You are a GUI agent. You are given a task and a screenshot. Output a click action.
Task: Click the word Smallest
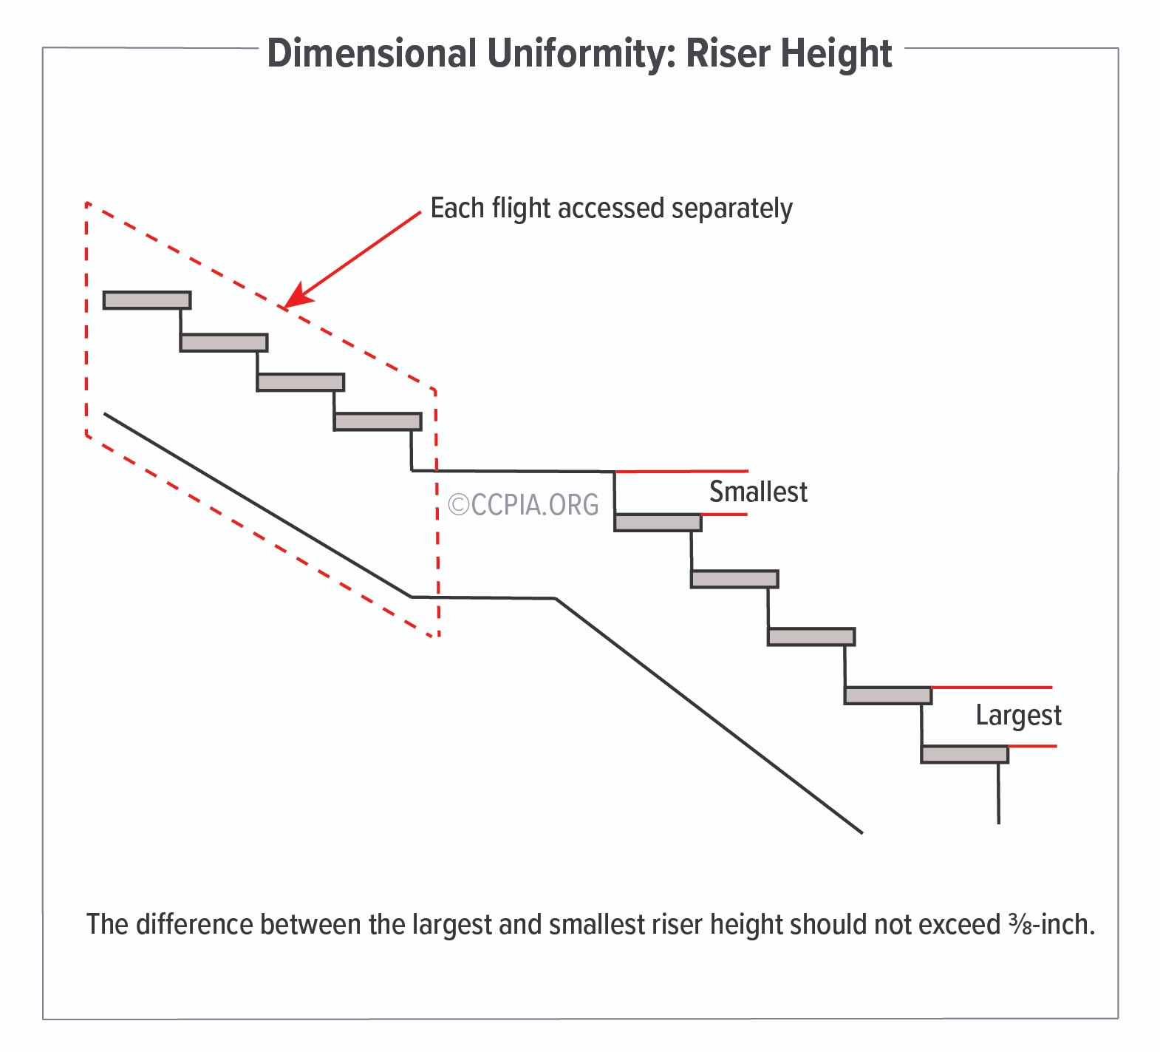[x=758, y=492]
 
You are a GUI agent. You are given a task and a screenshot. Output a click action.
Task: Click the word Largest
[x=1018, y=716]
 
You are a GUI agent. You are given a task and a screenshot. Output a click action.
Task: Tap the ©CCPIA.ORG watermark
[x=524, y=504]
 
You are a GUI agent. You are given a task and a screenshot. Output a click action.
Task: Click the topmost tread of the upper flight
[x=147, y=300]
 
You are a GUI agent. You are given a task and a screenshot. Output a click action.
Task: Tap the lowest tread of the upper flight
[x=378, y=421]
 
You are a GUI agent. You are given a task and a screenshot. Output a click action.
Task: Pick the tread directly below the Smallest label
[x=658, y=523]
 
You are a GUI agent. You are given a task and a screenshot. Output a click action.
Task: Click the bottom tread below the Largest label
[x=964, y=754]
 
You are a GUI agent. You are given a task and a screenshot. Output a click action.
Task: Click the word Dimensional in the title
[x=372, y=53]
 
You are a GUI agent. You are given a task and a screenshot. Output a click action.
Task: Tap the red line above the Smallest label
[x=681, y=471]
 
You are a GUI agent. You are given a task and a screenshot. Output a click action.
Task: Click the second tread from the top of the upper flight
[x=224, y=342]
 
